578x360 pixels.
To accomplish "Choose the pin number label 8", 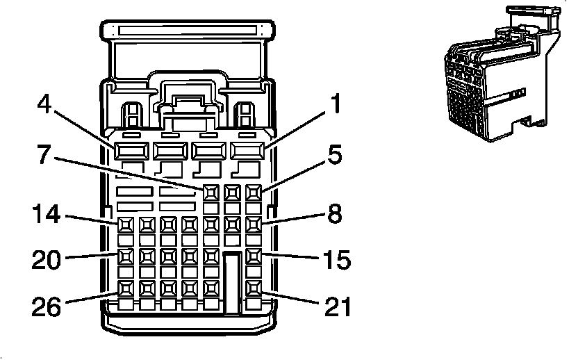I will coord(336,214).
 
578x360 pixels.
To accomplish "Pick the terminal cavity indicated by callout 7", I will coord(211,191).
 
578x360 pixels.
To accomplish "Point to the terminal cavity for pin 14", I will coord(126,224).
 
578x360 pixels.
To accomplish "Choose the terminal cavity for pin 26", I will coord(126,287).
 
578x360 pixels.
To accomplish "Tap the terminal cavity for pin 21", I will coord(254,287).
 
